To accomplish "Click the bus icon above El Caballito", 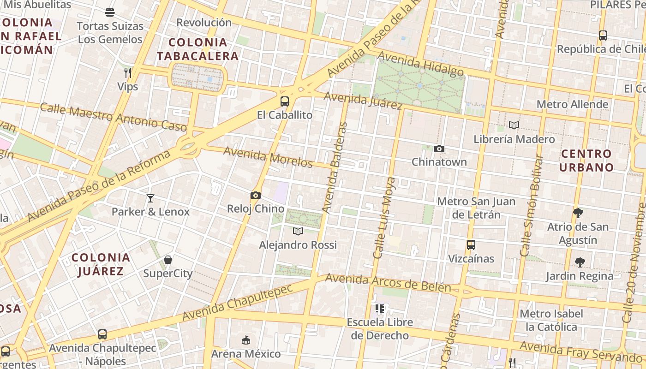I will pyautogui.click(x=285, y=101).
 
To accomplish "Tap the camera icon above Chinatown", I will pyautogui.click(x=439, y=149).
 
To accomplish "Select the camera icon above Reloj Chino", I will pyautogui.click(x=255, y=195).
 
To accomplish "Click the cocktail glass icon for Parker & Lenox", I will pyautogui.click(x=150, y=198).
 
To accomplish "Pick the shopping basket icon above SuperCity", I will pyautogui.click(x=168, y=260).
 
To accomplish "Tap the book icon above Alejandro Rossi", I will pyautogui.click(x=298, y=231).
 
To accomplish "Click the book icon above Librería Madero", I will pyautogui.click(x=514, y=125).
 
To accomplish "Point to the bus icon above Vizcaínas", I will pyautogui.click(x=471, y=245).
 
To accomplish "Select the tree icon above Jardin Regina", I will pyautogui.click(x=580, y=262).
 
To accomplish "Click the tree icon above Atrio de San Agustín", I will pyautogui.click(x=578, y=213).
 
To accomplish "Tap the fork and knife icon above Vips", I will pyautogui.click(x=128, y=72).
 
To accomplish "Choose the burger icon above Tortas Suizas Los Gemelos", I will pyautogui.click(x=110, y=12).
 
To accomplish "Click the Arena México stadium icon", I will pyautogui.click(x=246, y=340).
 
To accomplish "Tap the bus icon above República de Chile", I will pyautogui.click(x=603, y=35).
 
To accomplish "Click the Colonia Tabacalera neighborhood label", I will pyautogui.click(x=198, y=49).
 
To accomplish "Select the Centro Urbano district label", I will pyautogui.click(x=586, y=161).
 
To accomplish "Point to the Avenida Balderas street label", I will pyautogui.click(x=335, y=168).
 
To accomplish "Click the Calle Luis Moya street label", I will pyautogui.click(x=384, y=218).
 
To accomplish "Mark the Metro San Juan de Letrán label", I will pyautogui.click(x=476, y=208).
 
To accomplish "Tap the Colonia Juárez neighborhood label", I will pyautogui.click(x=101, y=264).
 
